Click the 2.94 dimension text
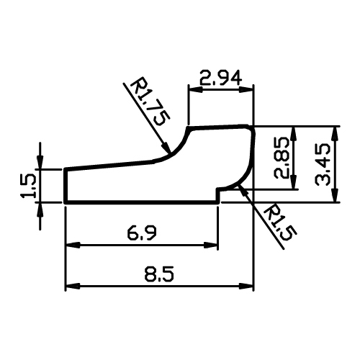pos(220,78)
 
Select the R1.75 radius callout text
pos(150,102)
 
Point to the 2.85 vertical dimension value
pos(281,158)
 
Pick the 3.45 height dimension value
pos(323,164)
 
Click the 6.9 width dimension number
pos(142,234)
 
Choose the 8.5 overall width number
pos(159,274)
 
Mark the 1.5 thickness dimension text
pos(28,186)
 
